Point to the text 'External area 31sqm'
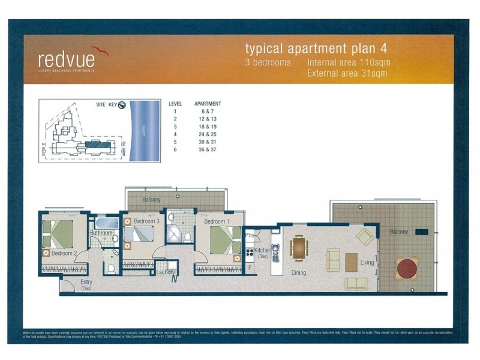coord(347,74)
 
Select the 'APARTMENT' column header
coord(208,104)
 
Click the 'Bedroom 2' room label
coord(64,254)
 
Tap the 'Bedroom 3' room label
coord(146,221)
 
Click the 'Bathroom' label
coord(101,233)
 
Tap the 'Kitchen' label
coord(263,250)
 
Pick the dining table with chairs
coord(299,247)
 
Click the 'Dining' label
coord(298,273)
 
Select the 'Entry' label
coord(86,283)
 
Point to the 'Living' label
coord(367,262)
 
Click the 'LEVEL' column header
coord(175,104)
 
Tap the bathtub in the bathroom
coord(104,223)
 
